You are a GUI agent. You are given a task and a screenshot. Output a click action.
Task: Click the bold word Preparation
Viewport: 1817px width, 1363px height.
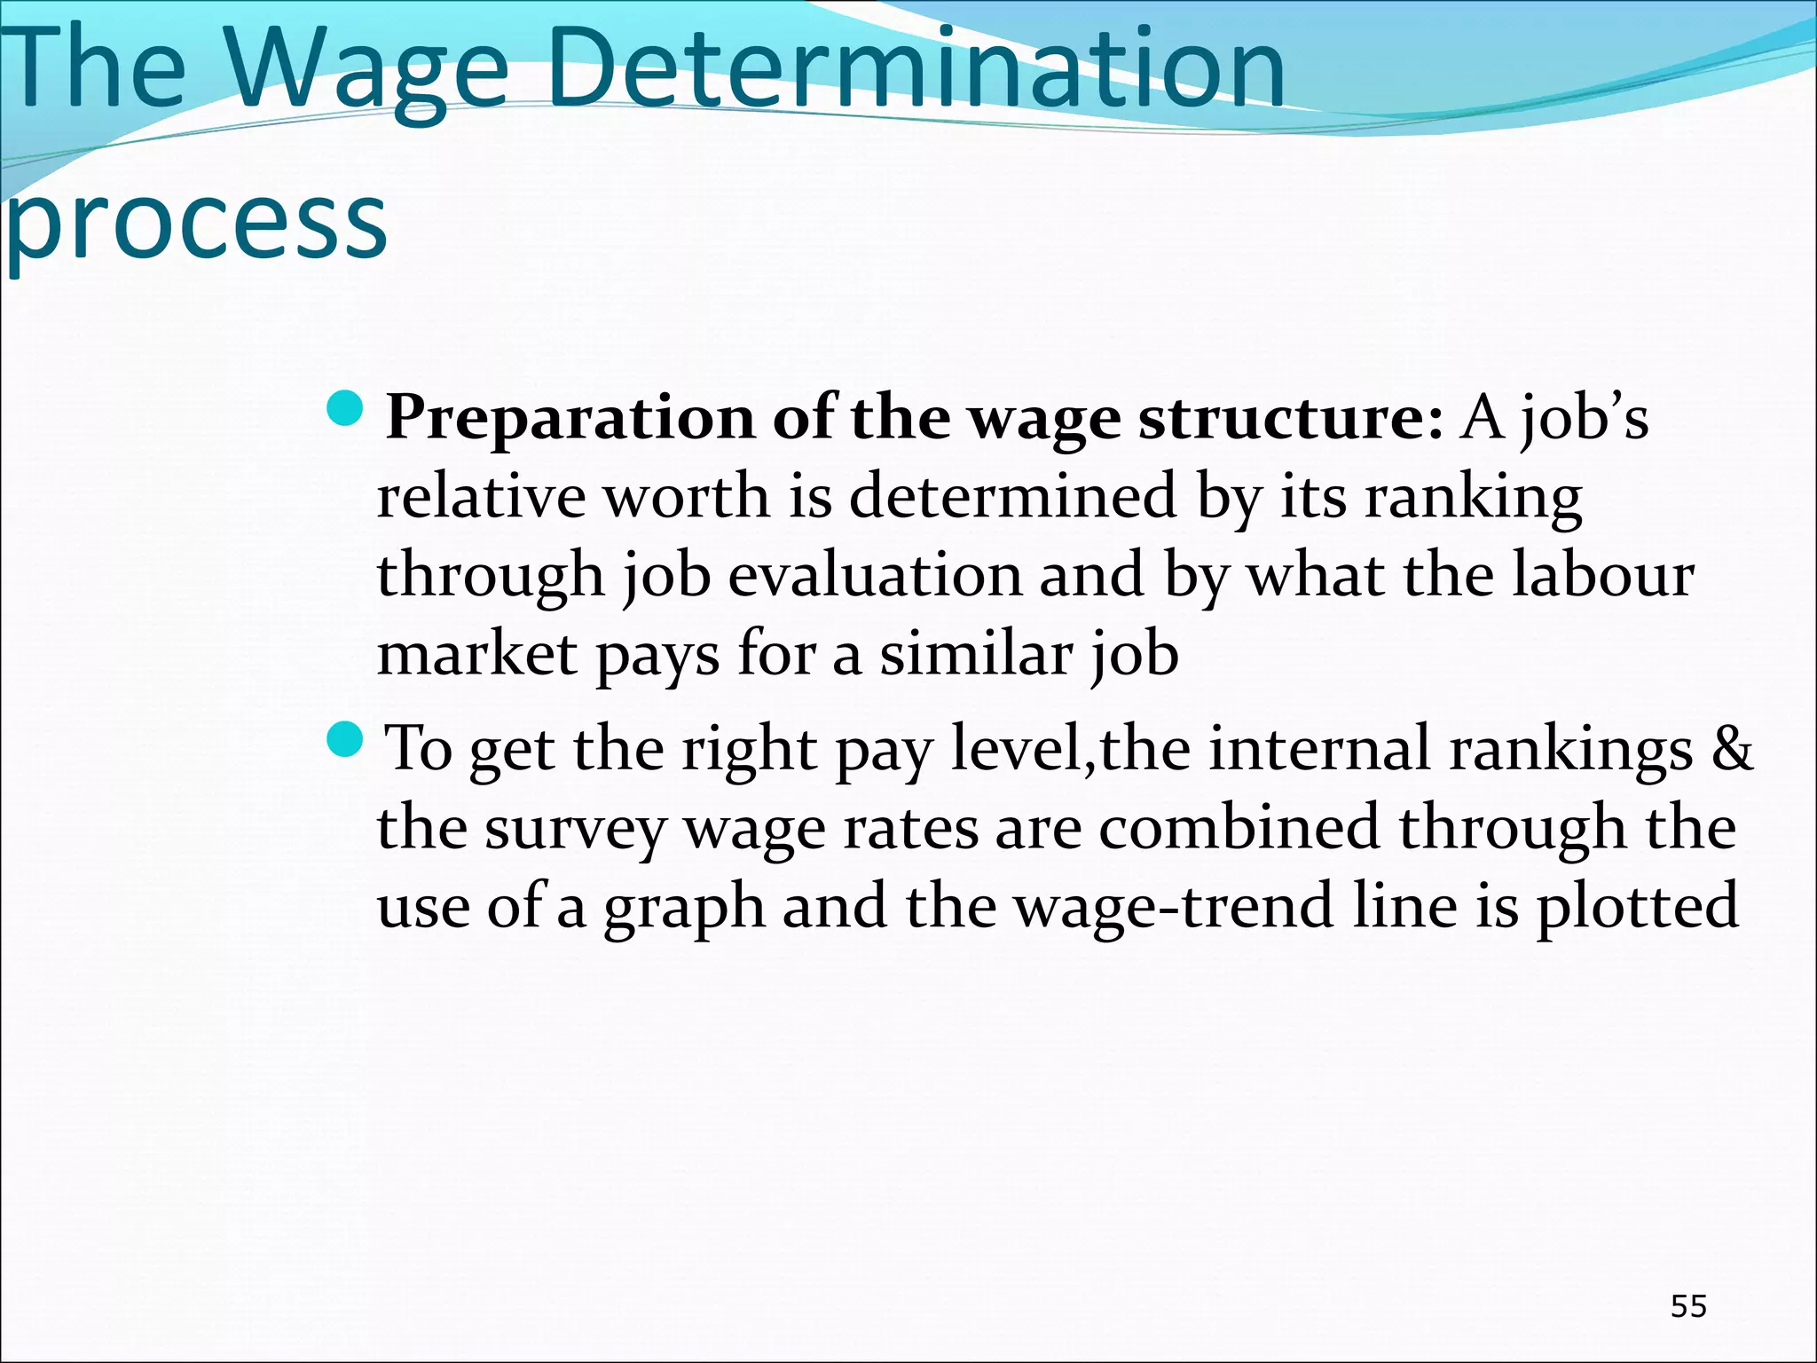click(570, 418)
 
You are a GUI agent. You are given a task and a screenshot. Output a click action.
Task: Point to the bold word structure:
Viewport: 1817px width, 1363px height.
click(1292, 418)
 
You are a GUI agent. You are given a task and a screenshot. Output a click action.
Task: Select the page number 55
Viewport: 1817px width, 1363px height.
click(1688, 1306)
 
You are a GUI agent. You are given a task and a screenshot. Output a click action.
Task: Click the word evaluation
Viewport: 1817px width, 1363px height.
click(875, 575)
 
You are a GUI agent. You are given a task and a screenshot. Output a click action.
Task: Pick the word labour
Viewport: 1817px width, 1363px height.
click(1603, 575)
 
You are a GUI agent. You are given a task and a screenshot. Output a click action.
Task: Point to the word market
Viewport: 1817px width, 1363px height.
click(477, 654)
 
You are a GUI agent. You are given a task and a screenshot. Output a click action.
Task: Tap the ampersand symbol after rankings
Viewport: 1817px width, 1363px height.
click(1731, 749)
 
